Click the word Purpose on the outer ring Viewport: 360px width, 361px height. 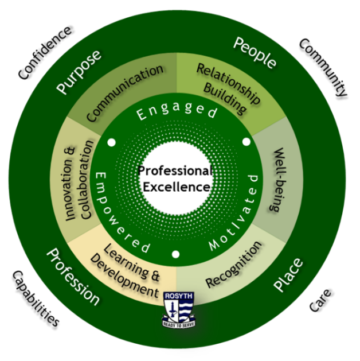79,71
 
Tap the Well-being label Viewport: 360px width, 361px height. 284,180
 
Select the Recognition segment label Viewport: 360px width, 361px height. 234,265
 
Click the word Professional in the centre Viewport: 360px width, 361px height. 175,171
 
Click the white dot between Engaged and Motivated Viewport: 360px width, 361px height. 246,141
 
